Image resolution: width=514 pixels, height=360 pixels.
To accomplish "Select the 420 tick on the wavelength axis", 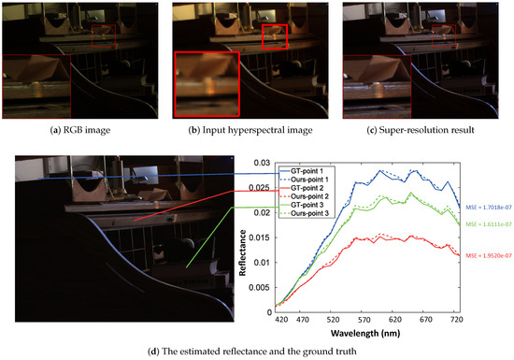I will (278, 321).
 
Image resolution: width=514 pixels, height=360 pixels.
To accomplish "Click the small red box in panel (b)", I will (275, 36).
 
